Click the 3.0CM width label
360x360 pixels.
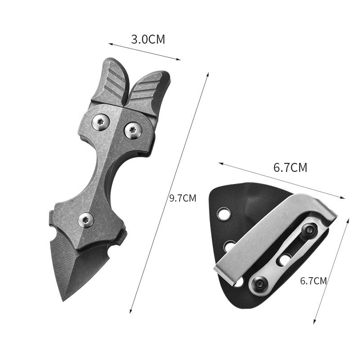148,39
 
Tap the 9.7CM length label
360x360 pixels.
183,198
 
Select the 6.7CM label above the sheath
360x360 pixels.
290,168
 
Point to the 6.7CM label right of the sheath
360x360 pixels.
313,281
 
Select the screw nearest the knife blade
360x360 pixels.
86,220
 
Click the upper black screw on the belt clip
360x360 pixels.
309,230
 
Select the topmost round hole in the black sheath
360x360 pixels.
223,214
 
